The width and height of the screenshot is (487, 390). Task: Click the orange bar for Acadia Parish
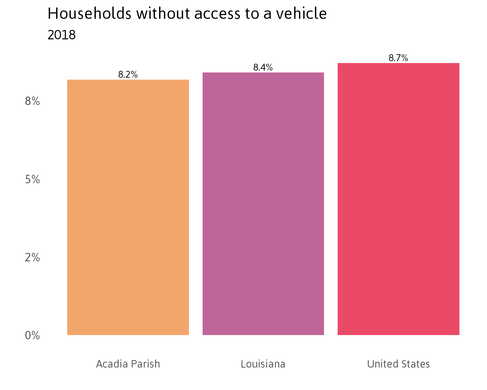(x=128, y=207)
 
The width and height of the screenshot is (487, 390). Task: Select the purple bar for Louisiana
(x=263, y=204)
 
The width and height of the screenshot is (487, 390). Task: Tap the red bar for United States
(x=398, y=199)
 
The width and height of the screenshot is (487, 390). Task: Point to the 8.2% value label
(x=128, y=75)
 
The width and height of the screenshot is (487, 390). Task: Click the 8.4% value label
(x=263, y=68)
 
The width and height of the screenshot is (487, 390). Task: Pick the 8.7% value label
(x=398, y=58)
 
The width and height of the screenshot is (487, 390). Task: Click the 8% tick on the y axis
(x=32, y=101)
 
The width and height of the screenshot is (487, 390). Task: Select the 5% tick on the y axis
(x=32, y=179)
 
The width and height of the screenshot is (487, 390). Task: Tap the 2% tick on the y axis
(x=32, y=257)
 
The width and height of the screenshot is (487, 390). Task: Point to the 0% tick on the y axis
(x=32, y=335)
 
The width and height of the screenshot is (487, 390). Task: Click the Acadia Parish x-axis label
(x=128, y=364)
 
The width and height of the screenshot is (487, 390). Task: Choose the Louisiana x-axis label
(x=263, y=364)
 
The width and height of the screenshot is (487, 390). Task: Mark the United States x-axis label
(x=398, y=364)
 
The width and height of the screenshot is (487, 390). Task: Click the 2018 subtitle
(x=62, y=35)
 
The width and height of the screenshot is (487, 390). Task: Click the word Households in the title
(x=89, y=14)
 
